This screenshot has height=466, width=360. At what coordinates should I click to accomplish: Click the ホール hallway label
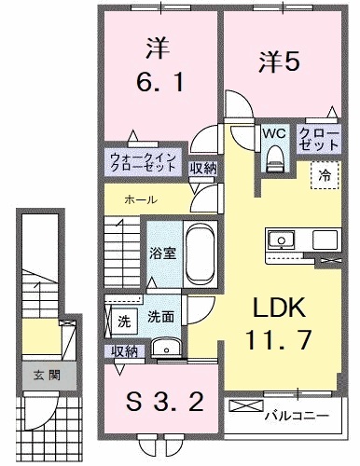coord(140,200)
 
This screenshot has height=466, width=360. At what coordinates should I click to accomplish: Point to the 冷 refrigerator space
coord(325,174)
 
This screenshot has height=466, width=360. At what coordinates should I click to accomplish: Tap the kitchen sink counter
coord(302,239)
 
